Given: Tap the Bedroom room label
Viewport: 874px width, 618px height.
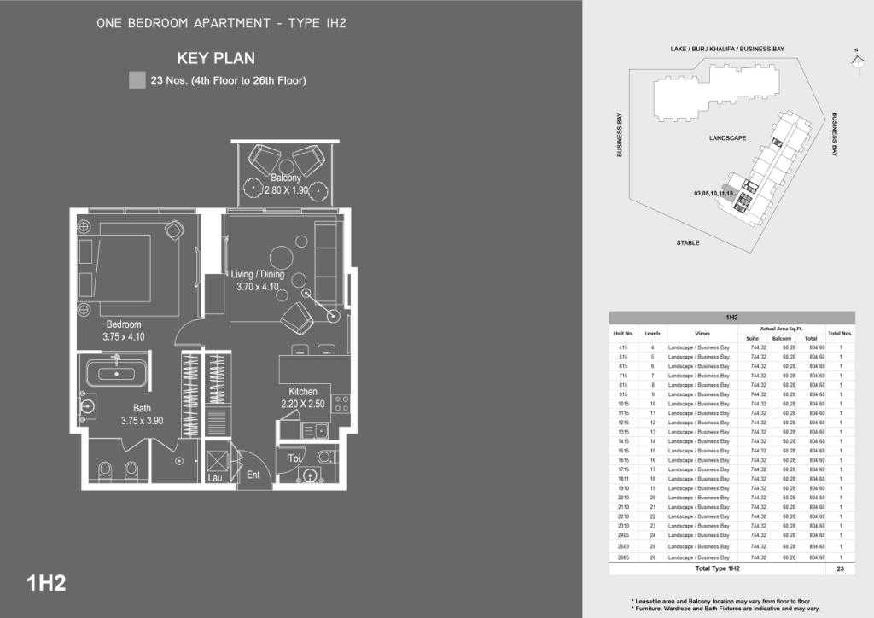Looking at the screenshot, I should (124, 324).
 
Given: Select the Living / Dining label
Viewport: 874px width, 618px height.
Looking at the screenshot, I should (258, 275).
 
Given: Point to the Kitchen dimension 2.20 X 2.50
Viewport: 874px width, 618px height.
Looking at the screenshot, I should (303, 404).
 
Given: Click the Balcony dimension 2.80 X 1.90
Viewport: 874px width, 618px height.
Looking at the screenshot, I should (286, 190).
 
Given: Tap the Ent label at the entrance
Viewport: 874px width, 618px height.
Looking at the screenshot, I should (253, 475).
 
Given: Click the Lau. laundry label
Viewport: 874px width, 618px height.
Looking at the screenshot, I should (215, 479).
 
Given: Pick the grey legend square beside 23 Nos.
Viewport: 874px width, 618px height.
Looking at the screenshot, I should (137, 81).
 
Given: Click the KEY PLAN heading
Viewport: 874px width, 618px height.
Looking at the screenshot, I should (216, 59).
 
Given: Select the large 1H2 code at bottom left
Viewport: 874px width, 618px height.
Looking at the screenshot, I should (47, 584).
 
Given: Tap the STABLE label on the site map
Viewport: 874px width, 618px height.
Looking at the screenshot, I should (688, 243).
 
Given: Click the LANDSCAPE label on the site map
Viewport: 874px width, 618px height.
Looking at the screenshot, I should (728, 138).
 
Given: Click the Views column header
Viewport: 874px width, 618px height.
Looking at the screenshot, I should (702, 333).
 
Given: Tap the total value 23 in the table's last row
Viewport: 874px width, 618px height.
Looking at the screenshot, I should (841, 568).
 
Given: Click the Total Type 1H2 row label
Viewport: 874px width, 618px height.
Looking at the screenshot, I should (717, 568).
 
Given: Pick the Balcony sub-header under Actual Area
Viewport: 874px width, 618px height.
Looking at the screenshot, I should (782, 338).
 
